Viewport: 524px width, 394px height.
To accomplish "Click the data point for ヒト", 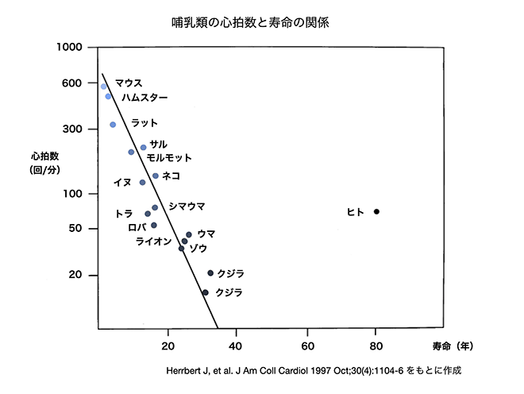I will (x=376, y=211).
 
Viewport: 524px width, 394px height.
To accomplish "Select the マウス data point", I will (x=104, y=86).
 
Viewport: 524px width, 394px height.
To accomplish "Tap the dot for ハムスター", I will (x=108, y=96).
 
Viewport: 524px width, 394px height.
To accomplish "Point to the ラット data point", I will (x=113, y=125).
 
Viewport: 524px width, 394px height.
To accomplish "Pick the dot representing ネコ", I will (x=156, y=176).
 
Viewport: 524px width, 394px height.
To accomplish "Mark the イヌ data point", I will (x=143, y=183).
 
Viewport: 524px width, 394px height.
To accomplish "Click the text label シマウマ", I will (x=187, y=207).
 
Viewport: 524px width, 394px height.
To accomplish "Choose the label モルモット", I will (x=169, y=158).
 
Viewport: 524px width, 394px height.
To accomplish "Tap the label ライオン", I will (x=154, y=241).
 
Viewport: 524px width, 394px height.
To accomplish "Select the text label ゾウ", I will (x=198, y=249).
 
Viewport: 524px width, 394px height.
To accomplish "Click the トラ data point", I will (x=148, y=214).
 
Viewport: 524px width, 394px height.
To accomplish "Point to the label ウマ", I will (x=206, y=234).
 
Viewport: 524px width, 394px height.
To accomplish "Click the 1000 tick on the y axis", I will (x=71, y=47).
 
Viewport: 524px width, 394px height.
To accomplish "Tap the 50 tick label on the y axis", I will (x=77, y=229).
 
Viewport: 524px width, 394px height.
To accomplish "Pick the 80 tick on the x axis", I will (x=376, y=346).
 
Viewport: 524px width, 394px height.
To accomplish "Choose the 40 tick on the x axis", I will (x=237, y=346).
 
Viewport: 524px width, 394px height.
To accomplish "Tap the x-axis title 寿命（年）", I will (x=455, y=346).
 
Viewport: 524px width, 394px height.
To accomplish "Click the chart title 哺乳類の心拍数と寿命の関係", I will (x=250, y=22).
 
